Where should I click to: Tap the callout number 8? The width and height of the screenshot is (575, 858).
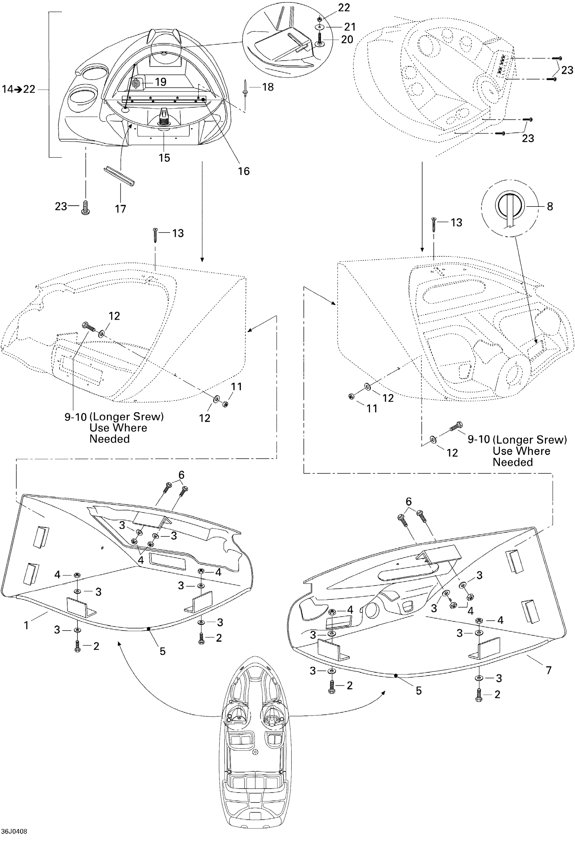(x=549, y=206)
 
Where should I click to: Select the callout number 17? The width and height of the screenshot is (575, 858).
(x=120, y=209)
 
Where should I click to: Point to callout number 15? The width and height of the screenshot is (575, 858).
(x=164, y=158)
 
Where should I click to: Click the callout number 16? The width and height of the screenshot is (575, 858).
(x=244, y=171)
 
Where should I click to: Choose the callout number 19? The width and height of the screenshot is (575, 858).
(x=161, y=82)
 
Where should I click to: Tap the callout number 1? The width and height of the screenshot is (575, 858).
(x=26, y=625)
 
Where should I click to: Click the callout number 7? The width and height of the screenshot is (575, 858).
(x=549, y=670)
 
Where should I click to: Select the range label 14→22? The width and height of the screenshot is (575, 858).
(x=18, y=89)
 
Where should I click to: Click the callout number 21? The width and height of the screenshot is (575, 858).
(x=349, y=27)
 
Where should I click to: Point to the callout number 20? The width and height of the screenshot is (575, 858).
(x=347, y=39)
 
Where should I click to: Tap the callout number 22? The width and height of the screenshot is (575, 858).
(x=344, y=8)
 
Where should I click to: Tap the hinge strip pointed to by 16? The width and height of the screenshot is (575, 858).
(x=164, y=99)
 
